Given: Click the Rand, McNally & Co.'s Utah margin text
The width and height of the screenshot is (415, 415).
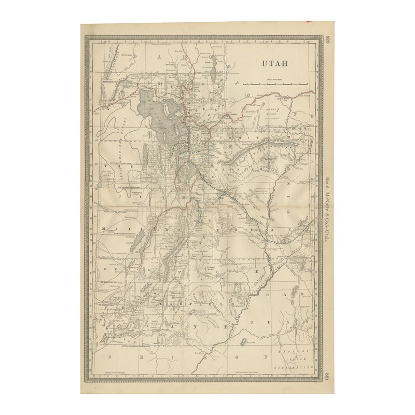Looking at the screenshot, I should [x=327, y=208].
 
